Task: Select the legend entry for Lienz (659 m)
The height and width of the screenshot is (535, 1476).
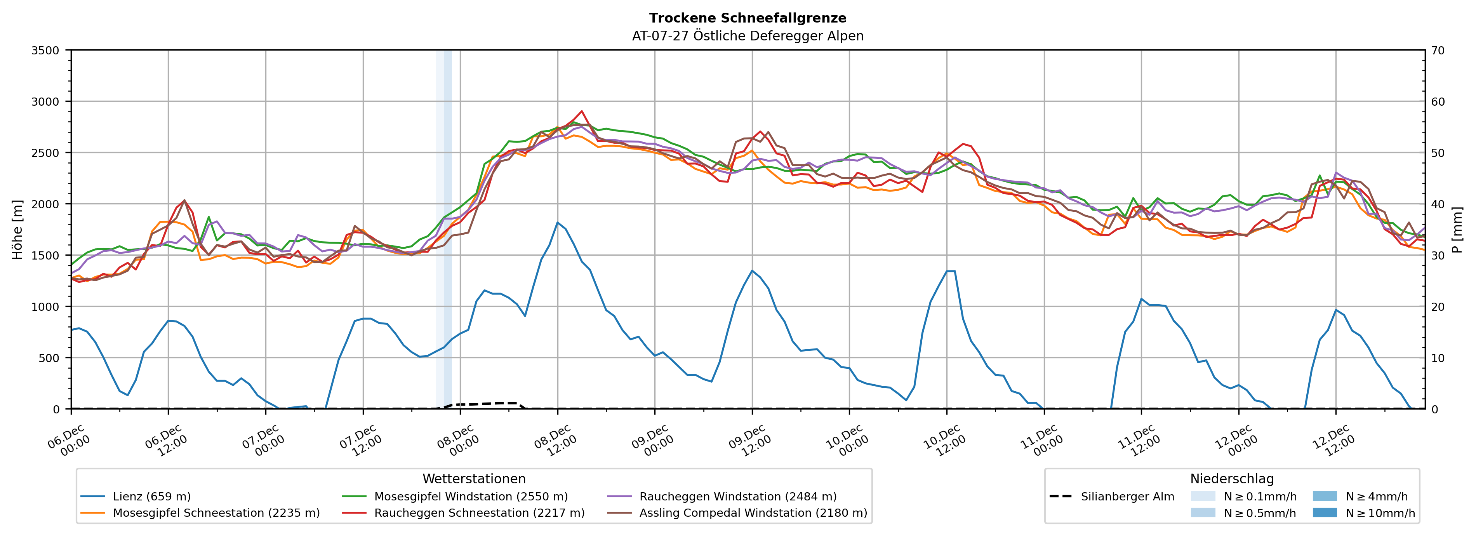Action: tap(151, 497)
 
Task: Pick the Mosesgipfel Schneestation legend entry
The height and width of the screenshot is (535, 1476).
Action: tap(216, 512)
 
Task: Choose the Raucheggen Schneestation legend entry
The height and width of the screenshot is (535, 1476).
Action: tap(479, 512)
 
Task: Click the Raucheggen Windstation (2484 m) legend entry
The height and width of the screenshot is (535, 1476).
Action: tap(737, 497)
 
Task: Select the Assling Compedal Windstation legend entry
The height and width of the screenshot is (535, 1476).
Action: tap(753, 512)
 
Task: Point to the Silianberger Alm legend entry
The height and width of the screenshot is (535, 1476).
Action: tap(1127, 497)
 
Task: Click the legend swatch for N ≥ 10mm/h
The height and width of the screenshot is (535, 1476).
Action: tap(1324, 512)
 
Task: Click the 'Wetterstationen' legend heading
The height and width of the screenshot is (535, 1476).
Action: tap(474, 479)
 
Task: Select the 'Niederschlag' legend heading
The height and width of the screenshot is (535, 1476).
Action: tap(1232, 479)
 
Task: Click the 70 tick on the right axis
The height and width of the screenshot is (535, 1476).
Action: tap(1438, 51)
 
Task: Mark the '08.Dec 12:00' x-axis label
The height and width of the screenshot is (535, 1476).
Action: tap(555, 440)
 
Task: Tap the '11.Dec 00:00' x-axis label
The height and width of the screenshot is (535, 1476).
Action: tap(1042, 440)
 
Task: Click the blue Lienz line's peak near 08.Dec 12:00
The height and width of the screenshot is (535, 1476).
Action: tap(558, 223)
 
